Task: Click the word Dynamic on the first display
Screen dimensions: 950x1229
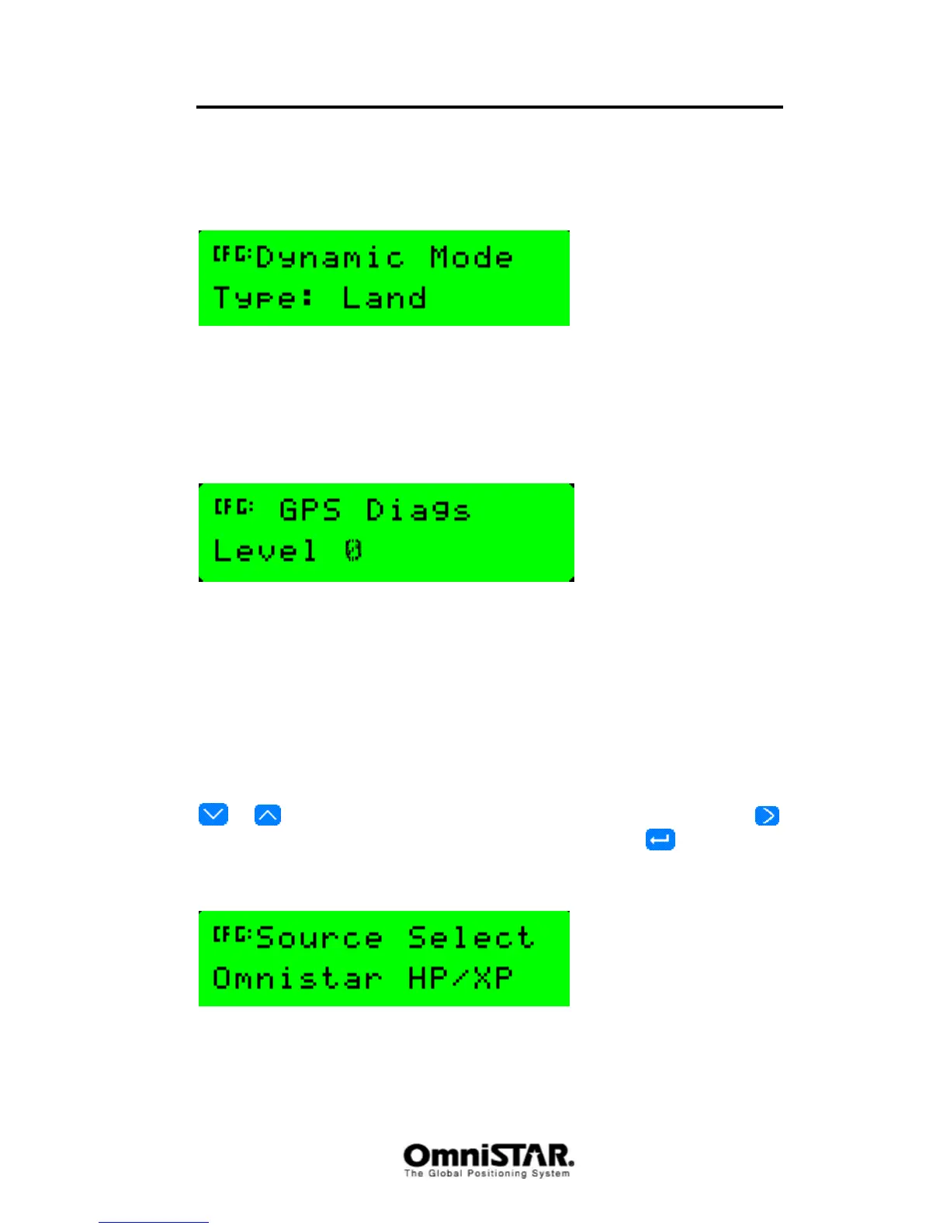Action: click(x=330, y=258)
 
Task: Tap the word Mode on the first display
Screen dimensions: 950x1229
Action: click(x=471, y=257)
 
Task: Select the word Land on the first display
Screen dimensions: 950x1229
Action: click(x=384, y=298)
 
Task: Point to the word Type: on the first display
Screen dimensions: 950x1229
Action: click(x=264, y=298)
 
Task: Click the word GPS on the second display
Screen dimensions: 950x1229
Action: click(x=310, y=511)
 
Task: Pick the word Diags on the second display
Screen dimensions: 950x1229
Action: click(x=418, y=511)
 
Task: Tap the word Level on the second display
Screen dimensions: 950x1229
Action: click(x=265, y=551)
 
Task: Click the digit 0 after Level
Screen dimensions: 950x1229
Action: click(x=353, y=551)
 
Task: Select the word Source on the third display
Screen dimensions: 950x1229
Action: click(x=319, y=938)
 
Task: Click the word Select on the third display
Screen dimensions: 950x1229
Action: click(x=471, y=937)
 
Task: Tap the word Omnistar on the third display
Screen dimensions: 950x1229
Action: click(x=297, y=978)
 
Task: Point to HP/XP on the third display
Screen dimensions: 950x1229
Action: click(x=460, y=978)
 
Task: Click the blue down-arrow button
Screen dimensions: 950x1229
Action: click(x=213, y=815)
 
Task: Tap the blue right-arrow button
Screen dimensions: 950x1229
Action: click(x=767, y=815)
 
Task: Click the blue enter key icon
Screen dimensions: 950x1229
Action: click(x=660, y=840)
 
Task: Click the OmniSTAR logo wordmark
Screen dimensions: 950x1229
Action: click(x=488, y=1155)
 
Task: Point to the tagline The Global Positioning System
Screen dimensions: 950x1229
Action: click(x=487, y=1174)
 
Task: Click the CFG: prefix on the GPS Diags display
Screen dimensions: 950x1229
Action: click(x=234, y=507)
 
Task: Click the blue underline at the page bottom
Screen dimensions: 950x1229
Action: click(x=153, y=1222)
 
